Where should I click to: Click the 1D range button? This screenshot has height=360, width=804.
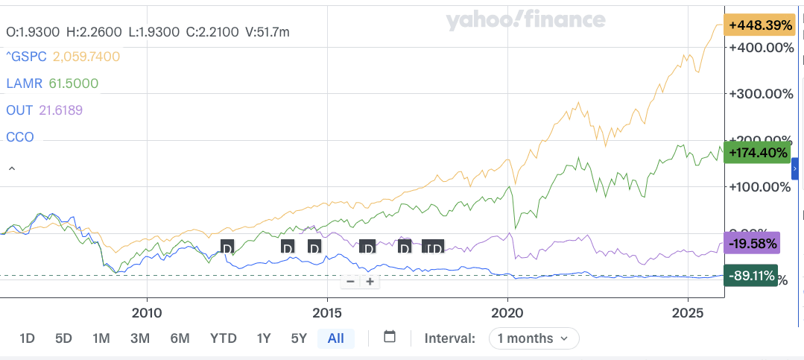(x=27, y=338)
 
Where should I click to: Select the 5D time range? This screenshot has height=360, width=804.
(x=63, y=338)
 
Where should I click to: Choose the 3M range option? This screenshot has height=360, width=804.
(x=140, y=338)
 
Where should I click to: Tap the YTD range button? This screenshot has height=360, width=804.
(x=223, y=338)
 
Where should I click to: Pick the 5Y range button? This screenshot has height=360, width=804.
(x=299, y=338)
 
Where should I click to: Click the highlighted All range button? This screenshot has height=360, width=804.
(x=335, y=338)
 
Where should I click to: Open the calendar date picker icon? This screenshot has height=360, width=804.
(x=389, y=337)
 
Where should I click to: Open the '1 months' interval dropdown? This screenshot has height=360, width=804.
(x=534, y=338)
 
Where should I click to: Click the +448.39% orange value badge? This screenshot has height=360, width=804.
(x=760, y=25)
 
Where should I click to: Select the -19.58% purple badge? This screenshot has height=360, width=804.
(x=753, y=244)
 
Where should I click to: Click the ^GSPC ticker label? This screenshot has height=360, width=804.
(x=26, y=57)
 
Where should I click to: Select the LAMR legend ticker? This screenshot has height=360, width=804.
(x=23, y=83)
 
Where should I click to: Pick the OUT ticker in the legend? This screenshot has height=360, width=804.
(x=19, y=110)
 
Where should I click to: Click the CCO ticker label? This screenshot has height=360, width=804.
(x=20, y=137)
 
